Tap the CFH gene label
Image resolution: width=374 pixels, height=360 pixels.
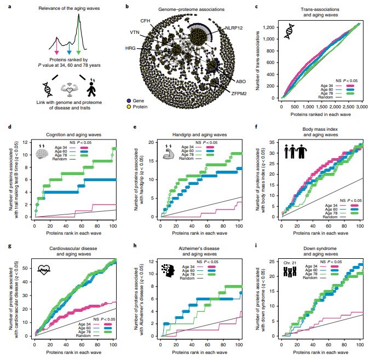click(x=145, y=20)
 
